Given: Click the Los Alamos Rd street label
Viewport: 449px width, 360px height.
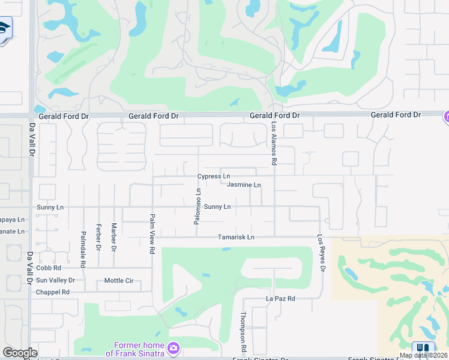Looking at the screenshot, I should [274, 144].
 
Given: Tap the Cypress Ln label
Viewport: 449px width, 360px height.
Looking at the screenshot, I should [214, 176].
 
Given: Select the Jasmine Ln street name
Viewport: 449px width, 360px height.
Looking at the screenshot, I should [244, 185].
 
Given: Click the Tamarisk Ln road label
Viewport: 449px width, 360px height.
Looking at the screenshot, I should [236, 238].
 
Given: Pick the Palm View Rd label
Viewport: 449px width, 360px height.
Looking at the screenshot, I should [152, 233].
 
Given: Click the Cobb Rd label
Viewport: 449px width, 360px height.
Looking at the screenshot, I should [49, 268].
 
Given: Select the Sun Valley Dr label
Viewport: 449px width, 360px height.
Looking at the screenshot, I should [55, 280].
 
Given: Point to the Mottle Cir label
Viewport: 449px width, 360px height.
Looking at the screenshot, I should [119, 280].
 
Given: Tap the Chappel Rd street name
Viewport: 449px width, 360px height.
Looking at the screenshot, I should [53, 292].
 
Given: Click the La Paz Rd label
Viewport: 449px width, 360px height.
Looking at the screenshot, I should [281, 298].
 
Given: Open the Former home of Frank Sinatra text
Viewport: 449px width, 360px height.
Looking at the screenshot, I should [139, 349].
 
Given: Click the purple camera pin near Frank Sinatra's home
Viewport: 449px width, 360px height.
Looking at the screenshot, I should [173, 348].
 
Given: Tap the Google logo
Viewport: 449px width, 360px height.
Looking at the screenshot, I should [20, 353].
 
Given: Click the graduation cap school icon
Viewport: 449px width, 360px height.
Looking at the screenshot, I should [4, 28].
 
